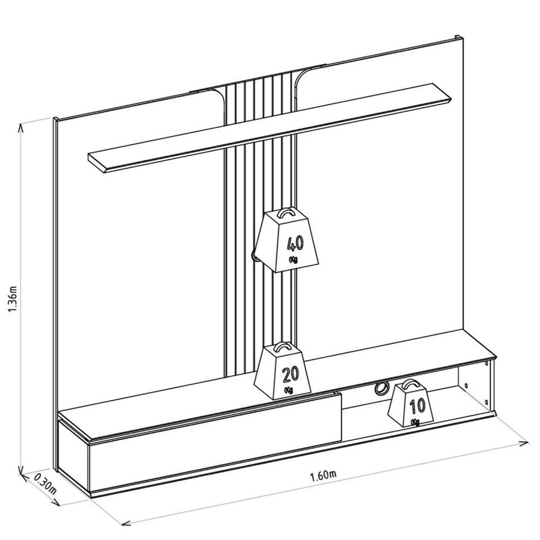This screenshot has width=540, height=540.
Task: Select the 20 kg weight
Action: tap(283, 371)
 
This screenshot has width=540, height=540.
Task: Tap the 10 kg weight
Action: tap(411, 403)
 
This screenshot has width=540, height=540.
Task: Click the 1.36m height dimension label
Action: tap(13, 298)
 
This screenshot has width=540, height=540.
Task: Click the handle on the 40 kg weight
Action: tap(286, 213)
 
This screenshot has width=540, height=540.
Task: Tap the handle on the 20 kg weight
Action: tap(283, 347)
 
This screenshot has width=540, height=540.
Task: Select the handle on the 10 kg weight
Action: tap(411, 384)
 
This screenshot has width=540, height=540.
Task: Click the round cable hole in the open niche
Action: tap(381, 388)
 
